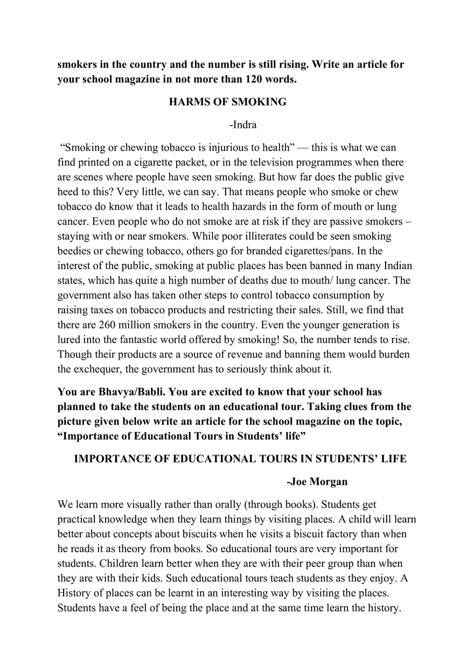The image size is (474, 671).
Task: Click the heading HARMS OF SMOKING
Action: click(x=227, y=101)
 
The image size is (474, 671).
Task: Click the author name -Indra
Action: click(x=242, y=125)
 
